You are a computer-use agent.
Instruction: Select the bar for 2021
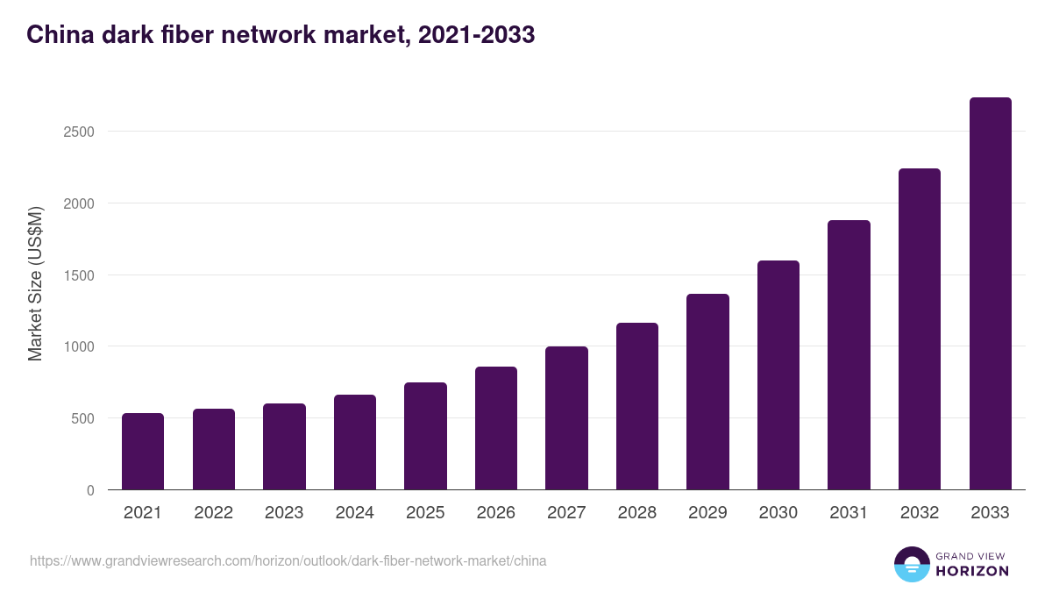143,452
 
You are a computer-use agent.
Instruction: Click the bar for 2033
990,294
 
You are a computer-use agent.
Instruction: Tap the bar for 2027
566,418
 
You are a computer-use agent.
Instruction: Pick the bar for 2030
778,375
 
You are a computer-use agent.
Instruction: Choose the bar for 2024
355,442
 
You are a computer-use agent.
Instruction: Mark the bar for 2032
920,329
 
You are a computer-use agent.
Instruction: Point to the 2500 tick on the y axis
78,132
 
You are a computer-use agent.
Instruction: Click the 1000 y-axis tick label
78,346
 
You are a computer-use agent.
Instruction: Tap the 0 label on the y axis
89,490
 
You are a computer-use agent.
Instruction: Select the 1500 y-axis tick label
78,275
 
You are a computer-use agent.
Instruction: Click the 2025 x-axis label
425,513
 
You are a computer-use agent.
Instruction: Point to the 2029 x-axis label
707,513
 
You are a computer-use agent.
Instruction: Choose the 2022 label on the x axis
213,513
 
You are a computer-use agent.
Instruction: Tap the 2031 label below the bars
849,513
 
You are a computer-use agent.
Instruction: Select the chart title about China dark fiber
281,35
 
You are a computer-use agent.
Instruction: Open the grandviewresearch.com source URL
288,560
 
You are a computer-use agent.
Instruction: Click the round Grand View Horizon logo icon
912,565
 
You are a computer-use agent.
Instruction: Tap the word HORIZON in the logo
972,571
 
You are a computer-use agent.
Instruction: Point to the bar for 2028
637,406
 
